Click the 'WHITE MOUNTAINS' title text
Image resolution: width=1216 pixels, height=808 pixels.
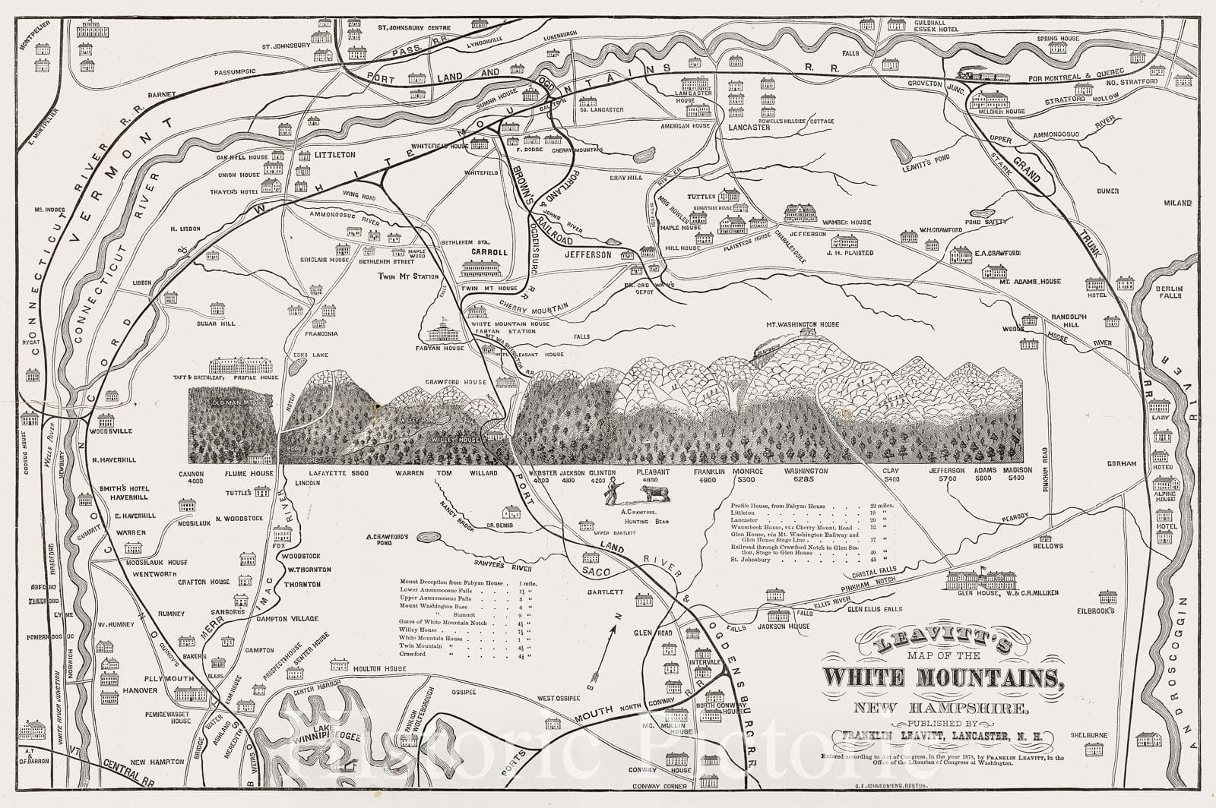coord(942,678)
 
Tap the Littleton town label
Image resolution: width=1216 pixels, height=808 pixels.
coord(334,155)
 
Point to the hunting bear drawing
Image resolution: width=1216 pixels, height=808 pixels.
coord(655,494)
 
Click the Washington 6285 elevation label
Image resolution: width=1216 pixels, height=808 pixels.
coord(806,475)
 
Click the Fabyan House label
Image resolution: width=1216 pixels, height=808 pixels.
coord(444,349)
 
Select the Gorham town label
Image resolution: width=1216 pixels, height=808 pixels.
coord(1122,464)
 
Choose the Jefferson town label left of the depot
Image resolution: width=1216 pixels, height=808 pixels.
coord(587,255)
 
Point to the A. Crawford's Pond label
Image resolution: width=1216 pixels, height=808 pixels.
coord(388,541)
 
